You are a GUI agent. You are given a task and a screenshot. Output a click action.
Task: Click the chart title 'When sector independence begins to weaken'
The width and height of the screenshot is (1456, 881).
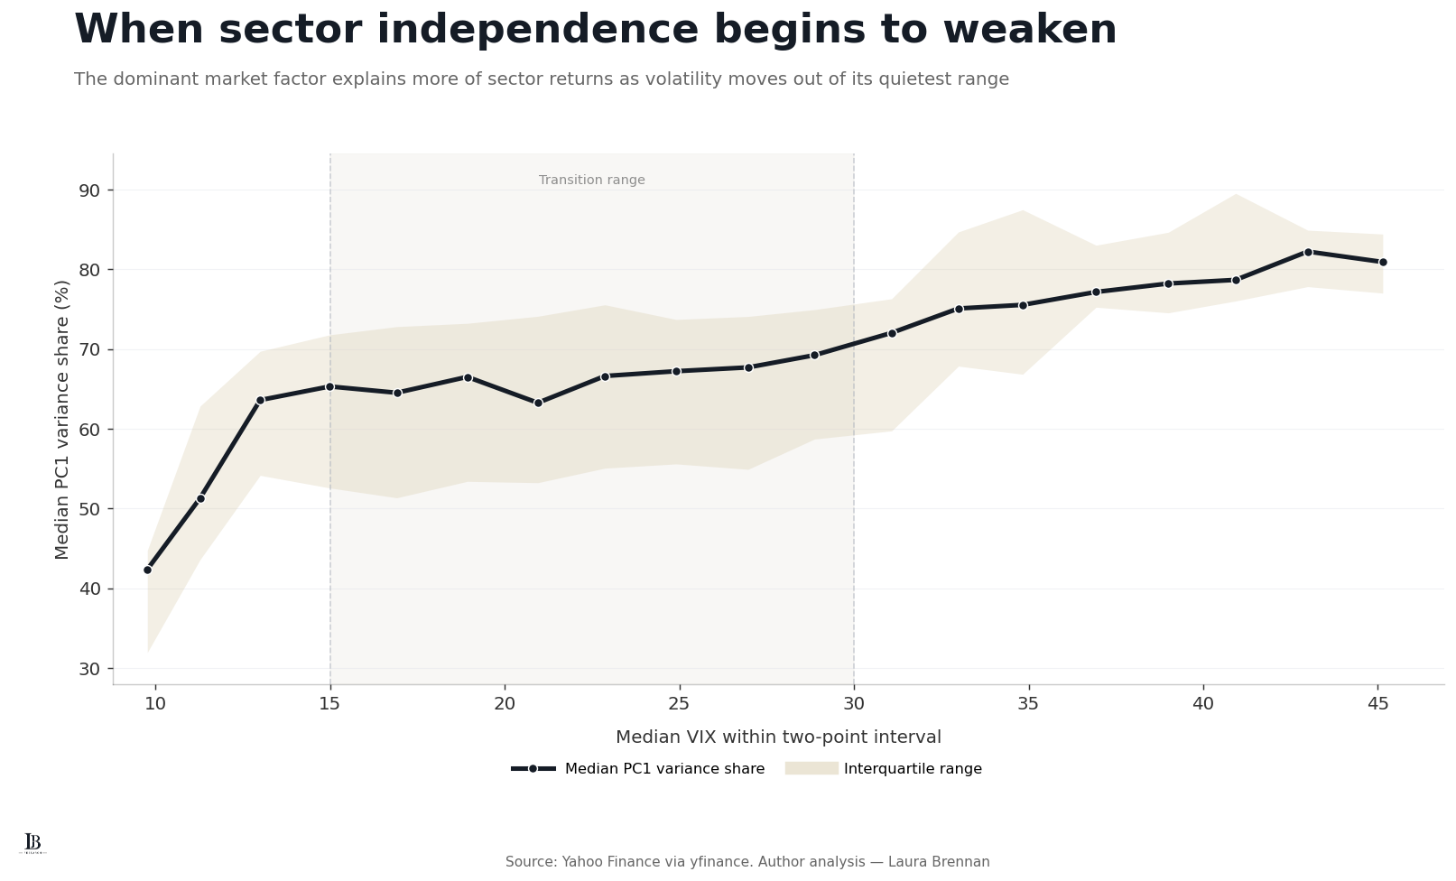(596, 30)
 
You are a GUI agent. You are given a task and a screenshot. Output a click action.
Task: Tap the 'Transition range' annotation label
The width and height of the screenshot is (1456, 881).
(591, 181)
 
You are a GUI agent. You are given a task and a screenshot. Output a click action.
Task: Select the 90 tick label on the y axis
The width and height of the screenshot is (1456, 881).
(89, 190)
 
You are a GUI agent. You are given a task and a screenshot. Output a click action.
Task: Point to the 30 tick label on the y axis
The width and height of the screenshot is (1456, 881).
(89, 669)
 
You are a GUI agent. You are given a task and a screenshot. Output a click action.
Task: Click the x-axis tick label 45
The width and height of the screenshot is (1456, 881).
(1377, 703)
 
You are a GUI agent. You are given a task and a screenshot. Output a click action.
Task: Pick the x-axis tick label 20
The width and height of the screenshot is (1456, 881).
(505, 703)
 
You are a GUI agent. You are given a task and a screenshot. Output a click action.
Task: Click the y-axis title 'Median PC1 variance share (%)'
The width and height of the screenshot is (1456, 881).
(61, 420)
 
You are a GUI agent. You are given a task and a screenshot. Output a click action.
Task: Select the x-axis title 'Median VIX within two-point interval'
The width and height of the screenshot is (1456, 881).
(778, 737)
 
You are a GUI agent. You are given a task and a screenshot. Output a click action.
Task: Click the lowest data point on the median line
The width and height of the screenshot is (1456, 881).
(147, 570)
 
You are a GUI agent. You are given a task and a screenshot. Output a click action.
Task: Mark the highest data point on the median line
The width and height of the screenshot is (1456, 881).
(1309, 252)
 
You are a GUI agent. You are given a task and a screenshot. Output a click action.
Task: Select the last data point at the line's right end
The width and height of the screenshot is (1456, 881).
(1383, 262)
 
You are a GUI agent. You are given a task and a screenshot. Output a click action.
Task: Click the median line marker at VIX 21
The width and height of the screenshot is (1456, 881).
(538, 403)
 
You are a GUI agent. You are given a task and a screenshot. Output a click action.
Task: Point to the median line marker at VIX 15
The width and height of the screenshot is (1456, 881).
(329, 387)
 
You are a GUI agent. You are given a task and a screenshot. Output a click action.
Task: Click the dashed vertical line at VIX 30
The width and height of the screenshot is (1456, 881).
(853, 419)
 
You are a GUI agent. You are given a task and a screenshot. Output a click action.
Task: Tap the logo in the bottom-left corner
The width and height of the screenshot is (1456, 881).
(32, 843)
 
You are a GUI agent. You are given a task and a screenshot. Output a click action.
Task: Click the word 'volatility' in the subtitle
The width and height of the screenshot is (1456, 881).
(676, 79)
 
